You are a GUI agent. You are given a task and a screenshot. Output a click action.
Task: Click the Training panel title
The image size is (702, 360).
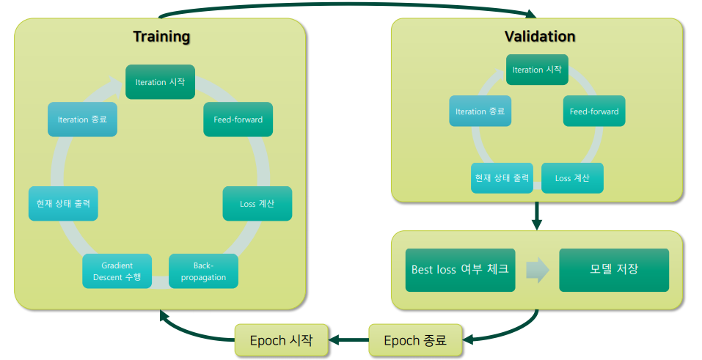coord(161,37)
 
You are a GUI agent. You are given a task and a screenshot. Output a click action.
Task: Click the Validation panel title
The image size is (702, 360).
coord(539,37)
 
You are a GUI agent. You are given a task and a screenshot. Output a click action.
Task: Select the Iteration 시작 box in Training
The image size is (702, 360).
coord(160,82)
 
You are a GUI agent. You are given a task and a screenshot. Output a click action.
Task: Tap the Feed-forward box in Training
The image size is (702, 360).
coord(238,119)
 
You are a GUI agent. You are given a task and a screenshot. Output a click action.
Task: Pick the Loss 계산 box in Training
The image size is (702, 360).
coord(257,204)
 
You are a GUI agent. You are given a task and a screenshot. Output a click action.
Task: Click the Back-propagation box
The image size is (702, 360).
coord(203,271)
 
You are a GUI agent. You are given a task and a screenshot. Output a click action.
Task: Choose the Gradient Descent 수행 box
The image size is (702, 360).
coord(117,271)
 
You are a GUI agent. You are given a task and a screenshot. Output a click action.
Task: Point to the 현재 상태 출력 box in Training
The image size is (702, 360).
coord(63,204)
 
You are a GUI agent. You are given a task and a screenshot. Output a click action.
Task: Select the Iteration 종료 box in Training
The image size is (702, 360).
coord(82,119)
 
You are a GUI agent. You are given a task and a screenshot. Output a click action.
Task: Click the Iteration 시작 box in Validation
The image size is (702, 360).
coord(537,70)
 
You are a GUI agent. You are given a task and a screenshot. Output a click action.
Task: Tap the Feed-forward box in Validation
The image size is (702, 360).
coord(594,111)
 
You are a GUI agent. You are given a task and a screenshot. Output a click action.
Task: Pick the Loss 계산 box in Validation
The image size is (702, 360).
coord(572,178)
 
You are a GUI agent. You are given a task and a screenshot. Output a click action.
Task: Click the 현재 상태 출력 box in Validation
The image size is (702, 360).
coord(502,178)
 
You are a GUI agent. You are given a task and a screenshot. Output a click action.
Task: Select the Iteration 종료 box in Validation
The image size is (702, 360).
coord(480,111)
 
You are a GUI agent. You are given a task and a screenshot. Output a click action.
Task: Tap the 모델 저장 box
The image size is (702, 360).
coord(614,270)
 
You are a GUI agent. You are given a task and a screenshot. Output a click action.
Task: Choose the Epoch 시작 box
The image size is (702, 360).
coord(281,340)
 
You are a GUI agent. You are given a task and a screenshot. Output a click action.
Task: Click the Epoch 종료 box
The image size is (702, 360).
coord(416,340)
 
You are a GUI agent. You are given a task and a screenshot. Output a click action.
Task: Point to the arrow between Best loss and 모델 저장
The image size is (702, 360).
coord(537,270)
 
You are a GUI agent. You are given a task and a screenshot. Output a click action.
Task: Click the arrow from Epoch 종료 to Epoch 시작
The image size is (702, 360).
coord(348,340)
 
